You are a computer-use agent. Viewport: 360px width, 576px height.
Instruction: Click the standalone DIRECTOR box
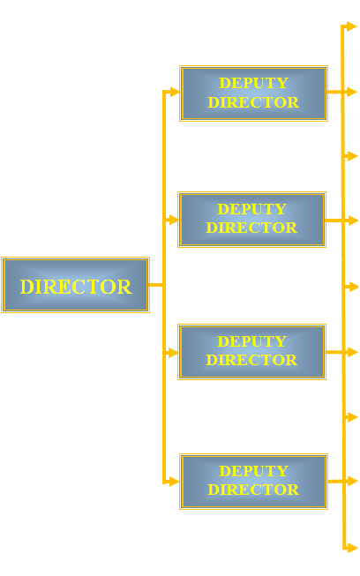click(75, 285)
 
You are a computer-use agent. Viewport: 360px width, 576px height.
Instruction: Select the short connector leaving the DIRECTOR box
click(156, 285)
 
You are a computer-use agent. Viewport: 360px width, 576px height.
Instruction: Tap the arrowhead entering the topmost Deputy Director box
click(175, 92)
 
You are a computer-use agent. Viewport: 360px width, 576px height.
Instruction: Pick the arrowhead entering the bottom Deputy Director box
click(175, 482)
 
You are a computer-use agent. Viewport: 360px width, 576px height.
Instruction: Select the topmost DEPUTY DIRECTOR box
click(253, 94)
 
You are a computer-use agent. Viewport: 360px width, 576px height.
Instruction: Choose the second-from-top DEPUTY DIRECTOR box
click(252, 220)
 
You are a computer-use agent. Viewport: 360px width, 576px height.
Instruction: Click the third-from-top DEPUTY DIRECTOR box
click(252, 352)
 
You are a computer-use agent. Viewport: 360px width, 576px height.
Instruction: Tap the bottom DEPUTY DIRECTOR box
click(253, 482)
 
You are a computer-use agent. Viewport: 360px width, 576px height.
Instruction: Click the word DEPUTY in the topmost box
click(253, 83)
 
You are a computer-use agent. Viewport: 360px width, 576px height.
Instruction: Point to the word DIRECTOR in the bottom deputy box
click(253, 490)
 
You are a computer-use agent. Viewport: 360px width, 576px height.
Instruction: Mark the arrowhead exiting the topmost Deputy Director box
click(352, 92)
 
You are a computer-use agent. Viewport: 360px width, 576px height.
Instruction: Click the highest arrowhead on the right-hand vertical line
click(352, 26)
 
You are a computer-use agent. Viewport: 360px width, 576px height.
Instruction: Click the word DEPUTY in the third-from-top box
click(252, 341)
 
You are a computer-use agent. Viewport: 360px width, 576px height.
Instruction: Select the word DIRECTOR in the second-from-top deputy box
click(252, 228)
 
